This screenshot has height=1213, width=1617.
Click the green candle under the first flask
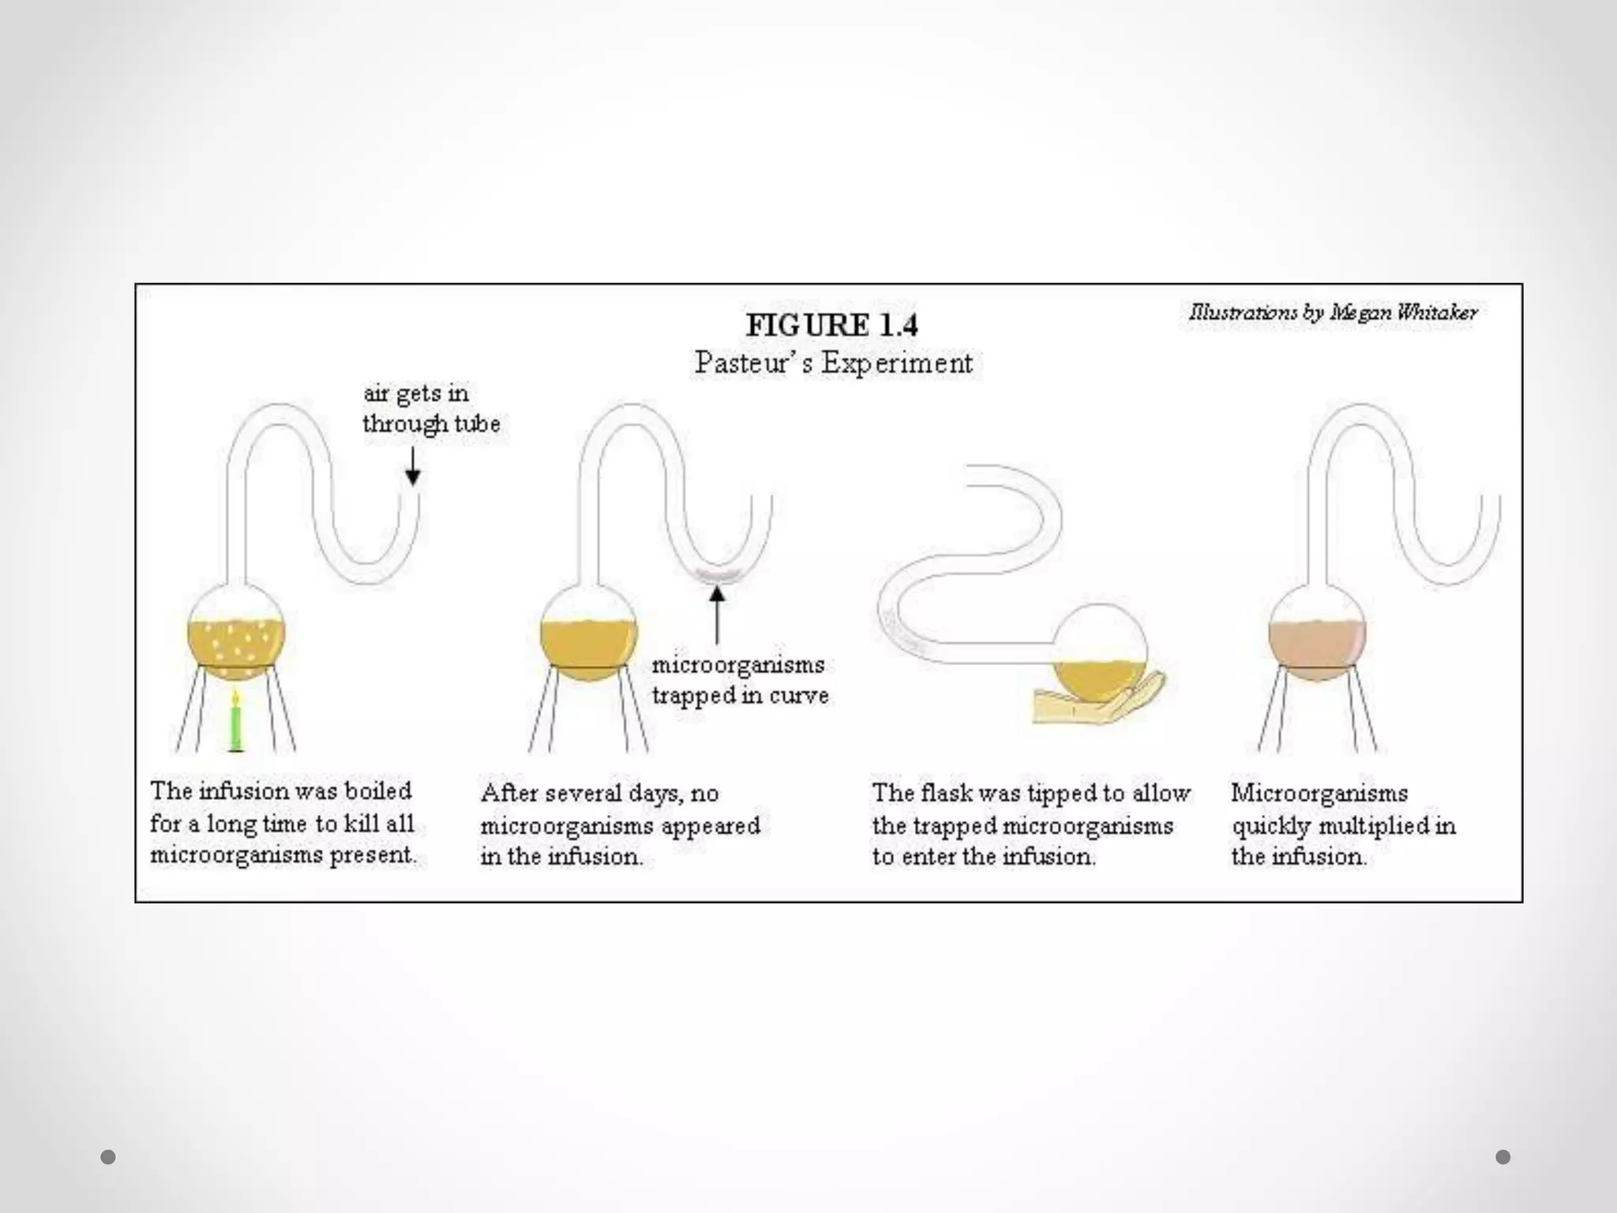(x=235, y=723)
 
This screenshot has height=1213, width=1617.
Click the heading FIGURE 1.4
(x=832, y=325)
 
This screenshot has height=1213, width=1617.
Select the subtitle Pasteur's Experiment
(x=833, y=363)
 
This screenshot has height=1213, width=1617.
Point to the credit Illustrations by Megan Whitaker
(x=1333, y=313)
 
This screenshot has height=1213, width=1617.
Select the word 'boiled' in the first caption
(x=379, y=791)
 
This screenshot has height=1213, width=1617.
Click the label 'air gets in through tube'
(x=430, y=408)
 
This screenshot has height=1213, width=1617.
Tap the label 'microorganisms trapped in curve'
(x=740, y=680)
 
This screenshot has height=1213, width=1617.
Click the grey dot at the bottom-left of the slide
(x=108, y=1157)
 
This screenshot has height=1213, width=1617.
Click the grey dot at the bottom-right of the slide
(x=1503, y=1157)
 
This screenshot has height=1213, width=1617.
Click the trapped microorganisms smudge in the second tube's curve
(x=717, y=576)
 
